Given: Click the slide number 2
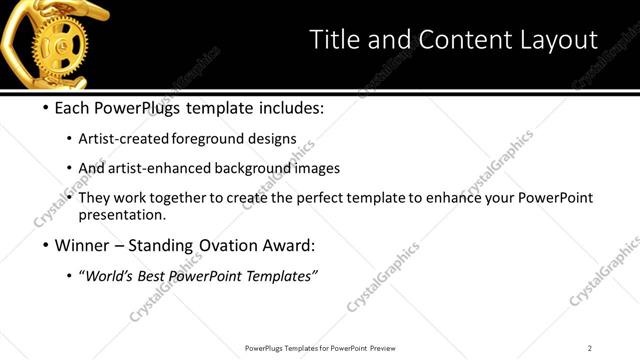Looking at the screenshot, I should [590, 348].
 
